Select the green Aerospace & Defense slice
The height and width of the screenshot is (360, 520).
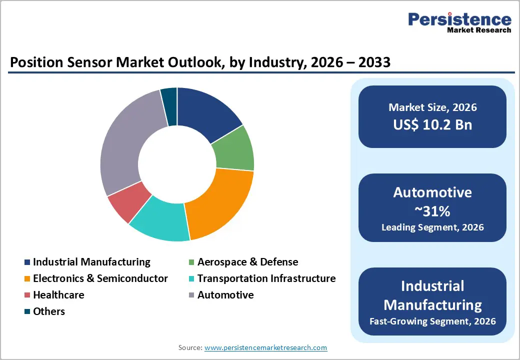(233, 149)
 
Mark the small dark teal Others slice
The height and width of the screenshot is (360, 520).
(169, 99)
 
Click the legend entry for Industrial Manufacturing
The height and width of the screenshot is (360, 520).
(91, 262)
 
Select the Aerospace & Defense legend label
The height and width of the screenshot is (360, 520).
(247, 262)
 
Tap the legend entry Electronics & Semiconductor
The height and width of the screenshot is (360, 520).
(100, 278)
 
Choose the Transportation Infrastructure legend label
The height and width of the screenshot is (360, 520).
(266, 278)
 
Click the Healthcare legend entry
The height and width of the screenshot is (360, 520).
(58, 295)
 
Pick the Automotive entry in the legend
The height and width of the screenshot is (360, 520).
(225, 295)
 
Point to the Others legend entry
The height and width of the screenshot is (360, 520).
(49, 311)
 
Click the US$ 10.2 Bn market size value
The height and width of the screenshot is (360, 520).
(432, 124)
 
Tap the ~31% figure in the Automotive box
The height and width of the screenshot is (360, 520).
(432, 211)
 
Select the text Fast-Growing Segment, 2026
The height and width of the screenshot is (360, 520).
(432, 321)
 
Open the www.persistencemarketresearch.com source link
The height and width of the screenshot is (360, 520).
(265, 347)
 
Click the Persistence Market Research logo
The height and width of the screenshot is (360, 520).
(459, 22)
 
